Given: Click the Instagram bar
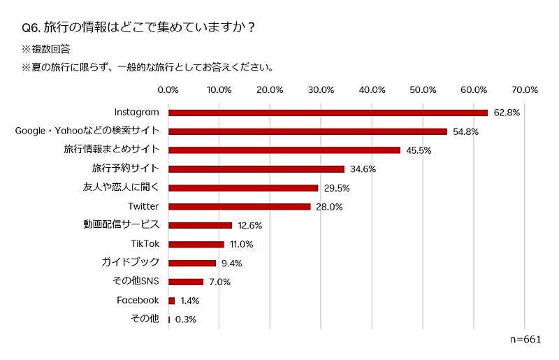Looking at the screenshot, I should pyautogui.click(x=328, y=113).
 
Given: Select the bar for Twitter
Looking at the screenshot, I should pyautogui.click(x=239, y=206).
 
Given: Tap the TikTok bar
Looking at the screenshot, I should pyautogui.click(x=196, y=244).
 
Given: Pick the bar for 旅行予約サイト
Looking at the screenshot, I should pyautogui.click(x=256, y=168).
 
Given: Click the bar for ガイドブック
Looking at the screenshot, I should pyautogui.click(x=192, y=263).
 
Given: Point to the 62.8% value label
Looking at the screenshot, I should pyautogui.click(x=507, y=113).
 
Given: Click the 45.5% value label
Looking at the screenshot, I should pyautogui.click(x=419, y=150).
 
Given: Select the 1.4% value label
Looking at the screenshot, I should pyautogui.click(x=189, y=301).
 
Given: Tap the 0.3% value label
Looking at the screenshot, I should pyautogui.click(x=185, y=319).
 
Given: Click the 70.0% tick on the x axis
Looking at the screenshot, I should pyautogui.click(x=524, y=89).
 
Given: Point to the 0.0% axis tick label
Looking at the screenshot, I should pyautogui.click(x=168, y=89).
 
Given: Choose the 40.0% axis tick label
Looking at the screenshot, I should pyautogui.click(x=372, y=89).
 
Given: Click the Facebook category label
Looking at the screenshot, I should pyautogui.click(x=138, y=300).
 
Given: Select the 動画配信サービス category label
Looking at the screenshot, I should pyautogui.click(x=122, y=225).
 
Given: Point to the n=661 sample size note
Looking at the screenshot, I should pyautogui.click(x=525, y=339).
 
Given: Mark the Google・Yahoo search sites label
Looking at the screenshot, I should pyautogui.click(x=87, y=131).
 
